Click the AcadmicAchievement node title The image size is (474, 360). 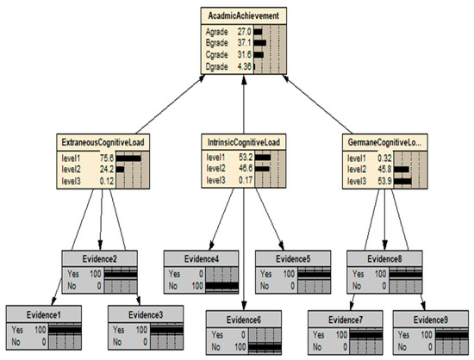point(241,14)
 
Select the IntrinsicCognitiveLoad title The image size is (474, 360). point(244,142)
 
